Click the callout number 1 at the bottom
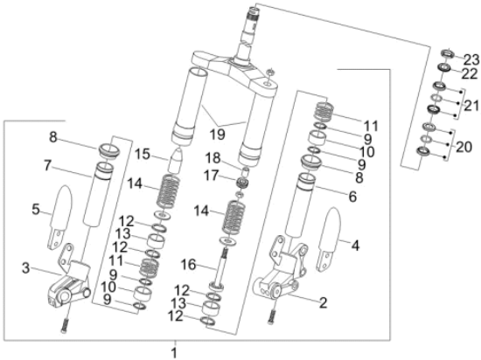[174, 352]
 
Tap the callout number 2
[323, 302]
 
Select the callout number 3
[26, 268]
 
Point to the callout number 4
[355, 246]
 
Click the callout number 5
[36, 210]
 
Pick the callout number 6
[352, 197]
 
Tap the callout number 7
[47, 166]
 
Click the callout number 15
[143, 154]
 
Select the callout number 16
[188, 265]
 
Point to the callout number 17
[211, 176]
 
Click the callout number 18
[213, 158]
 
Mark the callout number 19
[217, 135]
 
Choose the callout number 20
[464, 147]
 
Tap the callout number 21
[471, 106]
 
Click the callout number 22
[470, 74]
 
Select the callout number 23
[471, 59]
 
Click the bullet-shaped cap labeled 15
[177, 161]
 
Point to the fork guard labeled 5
[60, 217]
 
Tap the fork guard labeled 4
[329, 239]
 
